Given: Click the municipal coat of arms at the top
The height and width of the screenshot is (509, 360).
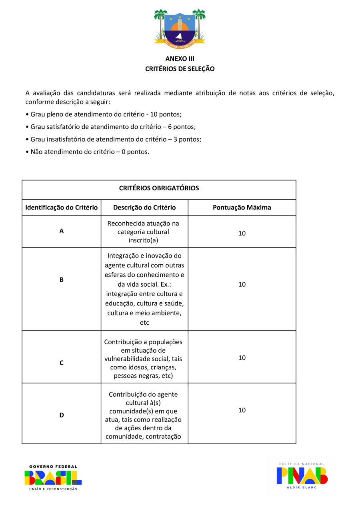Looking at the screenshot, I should coord(180,28).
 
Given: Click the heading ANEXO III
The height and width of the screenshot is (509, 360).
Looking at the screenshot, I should coord(180,59).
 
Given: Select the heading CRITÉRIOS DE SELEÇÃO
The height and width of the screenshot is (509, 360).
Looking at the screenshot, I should coord(180,69).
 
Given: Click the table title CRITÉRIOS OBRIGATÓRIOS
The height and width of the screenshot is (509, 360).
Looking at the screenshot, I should coord(159,188).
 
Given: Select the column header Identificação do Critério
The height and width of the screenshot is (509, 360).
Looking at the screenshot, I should coord(62,208).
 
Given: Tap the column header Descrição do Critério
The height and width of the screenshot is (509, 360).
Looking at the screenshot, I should coord(144,208).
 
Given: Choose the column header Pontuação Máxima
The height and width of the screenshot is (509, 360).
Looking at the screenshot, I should coord(242,208).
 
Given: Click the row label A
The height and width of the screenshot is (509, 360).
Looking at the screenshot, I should coord(62,231).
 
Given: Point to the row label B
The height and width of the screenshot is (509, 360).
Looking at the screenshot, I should coord(62,280).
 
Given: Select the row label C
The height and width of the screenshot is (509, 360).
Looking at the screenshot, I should coord(62,363).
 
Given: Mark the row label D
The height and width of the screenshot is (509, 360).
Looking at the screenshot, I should coord(62,415).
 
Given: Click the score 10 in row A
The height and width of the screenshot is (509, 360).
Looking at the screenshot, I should coord(242,233).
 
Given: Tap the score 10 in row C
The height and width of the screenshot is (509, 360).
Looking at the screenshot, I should coord(242,358).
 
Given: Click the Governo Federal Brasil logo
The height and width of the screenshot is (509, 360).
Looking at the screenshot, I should coord(53,478).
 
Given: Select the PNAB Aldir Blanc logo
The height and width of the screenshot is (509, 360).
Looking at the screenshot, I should coord(302,476).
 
